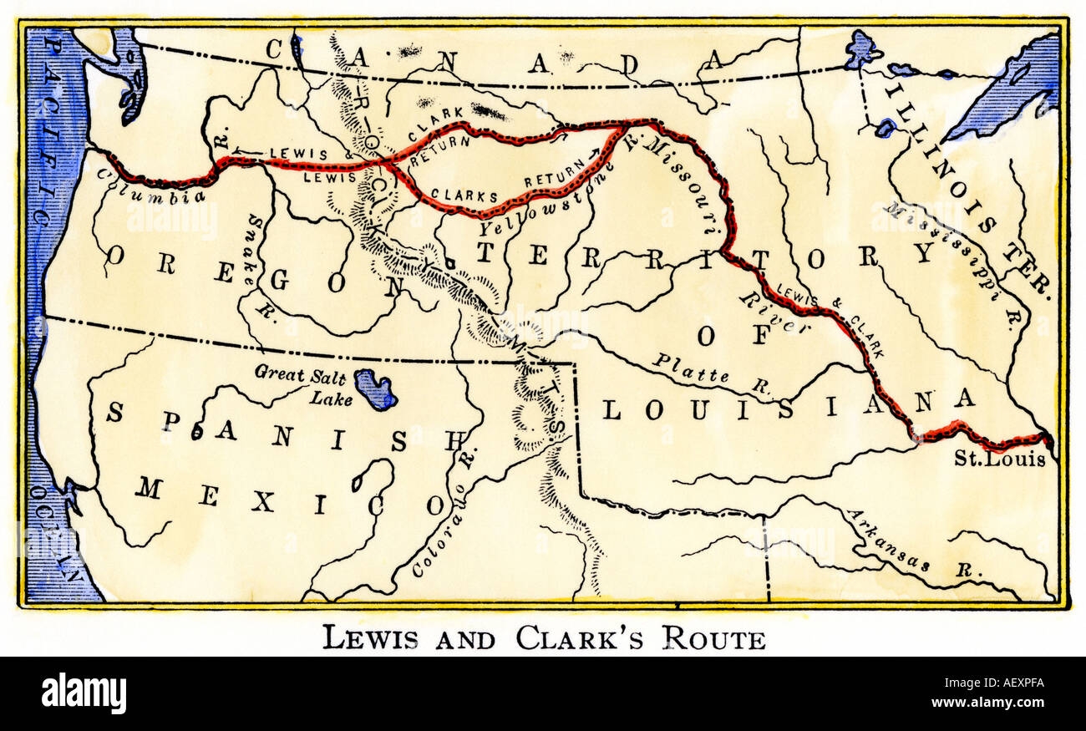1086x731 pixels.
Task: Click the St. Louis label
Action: [x=1000, y=459]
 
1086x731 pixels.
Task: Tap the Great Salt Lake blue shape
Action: [x=375, y=388]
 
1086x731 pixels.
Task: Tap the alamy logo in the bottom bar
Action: [x=84, y=693]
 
